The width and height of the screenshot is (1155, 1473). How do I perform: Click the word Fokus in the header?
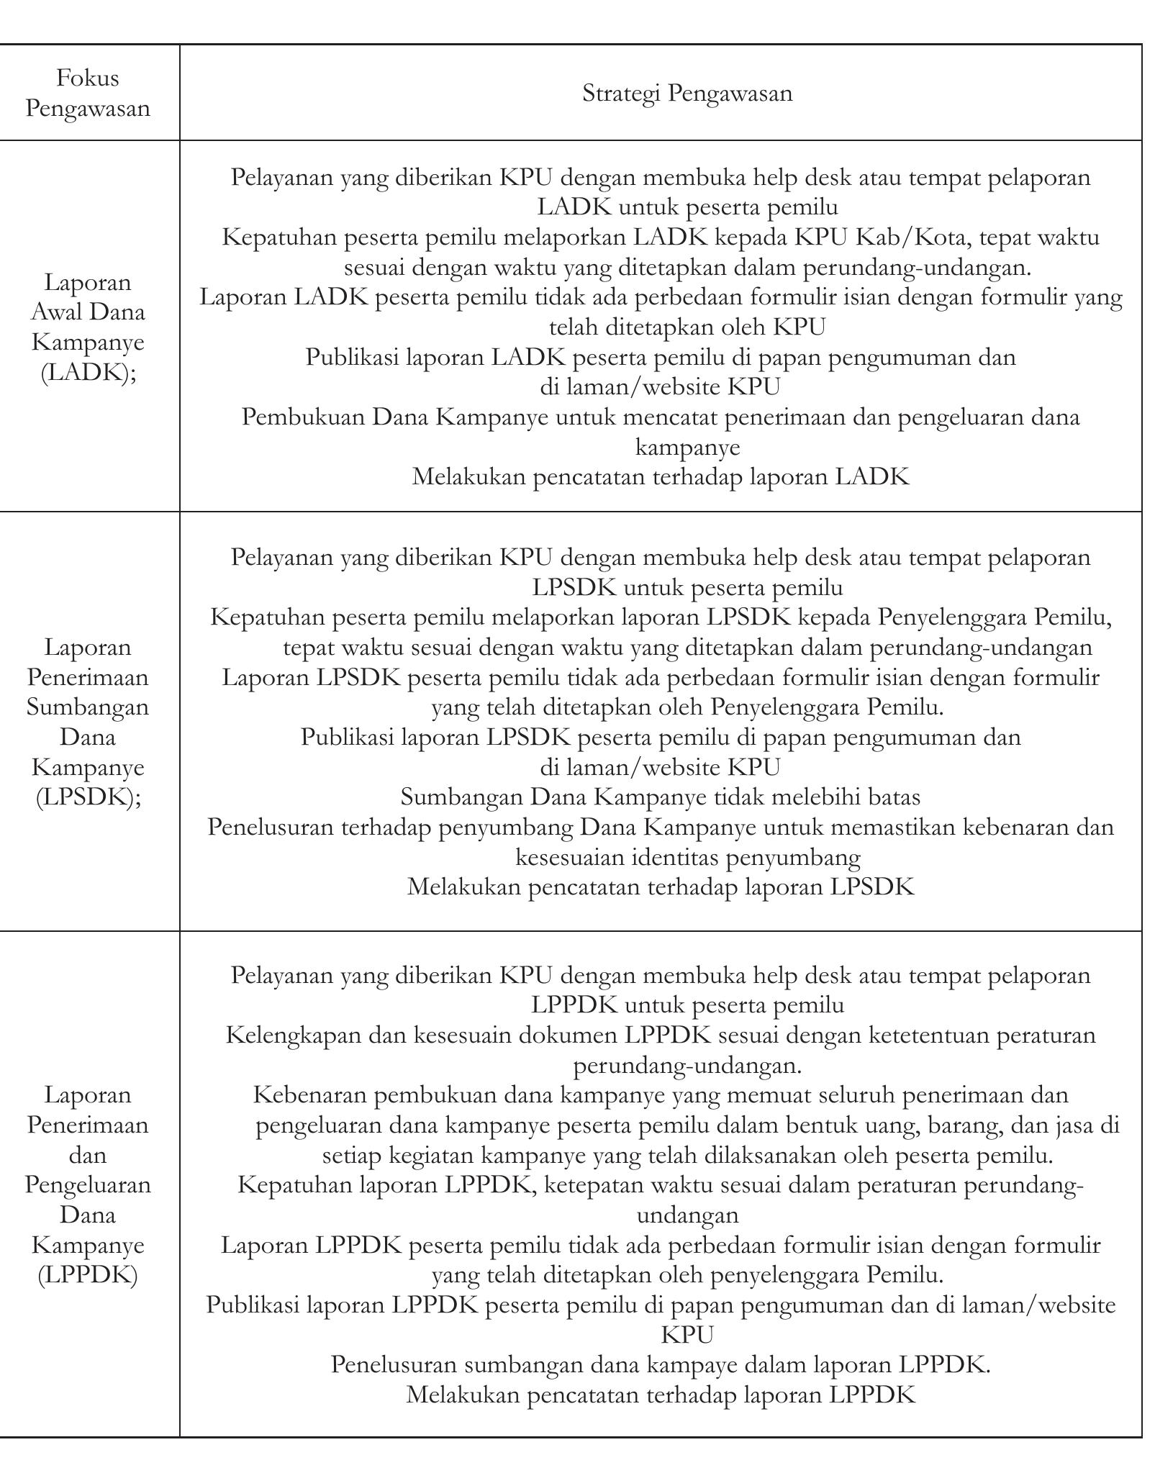coord(88,78)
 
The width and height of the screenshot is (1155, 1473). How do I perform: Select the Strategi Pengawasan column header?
coord(687,94)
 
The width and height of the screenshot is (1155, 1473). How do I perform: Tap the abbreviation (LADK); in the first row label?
coord(89,373)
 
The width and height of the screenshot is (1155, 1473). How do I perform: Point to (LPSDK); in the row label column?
coord(89,797)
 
